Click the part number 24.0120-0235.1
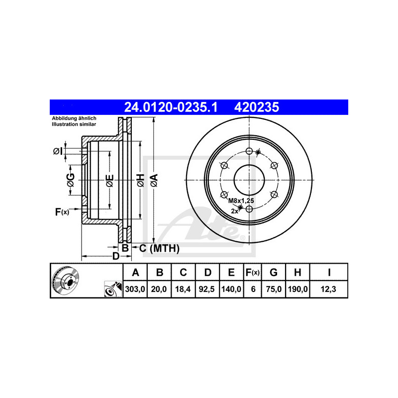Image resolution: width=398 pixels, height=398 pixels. pyautogui.click(x=171, y=107)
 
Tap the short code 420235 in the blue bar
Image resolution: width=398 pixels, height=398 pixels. pyautogui.click(x=256, y=107)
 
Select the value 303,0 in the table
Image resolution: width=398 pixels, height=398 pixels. pyautogui.click(x=135, y=289)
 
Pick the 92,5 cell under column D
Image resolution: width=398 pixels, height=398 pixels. pyautogui.click(x=207, y=289)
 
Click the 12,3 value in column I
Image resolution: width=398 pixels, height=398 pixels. pyautogui.click(x=328, y=289)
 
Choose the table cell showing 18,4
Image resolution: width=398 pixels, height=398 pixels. pyautogui.click(x=183, y=289)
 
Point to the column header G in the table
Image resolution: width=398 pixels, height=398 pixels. pyautogui.click(x=273, y=272)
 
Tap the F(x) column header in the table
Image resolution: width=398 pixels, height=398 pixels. pyautogui.click(x=253, y=272)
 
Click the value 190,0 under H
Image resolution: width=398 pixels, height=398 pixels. pyautogui.click(x=298, y=289)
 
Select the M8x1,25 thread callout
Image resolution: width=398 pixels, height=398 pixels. pyautogui.click(x=241, y=200)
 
